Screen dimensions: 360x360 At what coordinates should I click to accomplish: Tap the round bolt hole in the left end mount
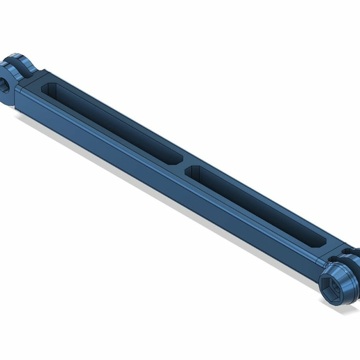(x=4, y=85)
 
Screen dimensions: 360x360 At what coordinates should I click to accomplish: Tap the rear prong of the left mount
(x=27, y=64)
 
